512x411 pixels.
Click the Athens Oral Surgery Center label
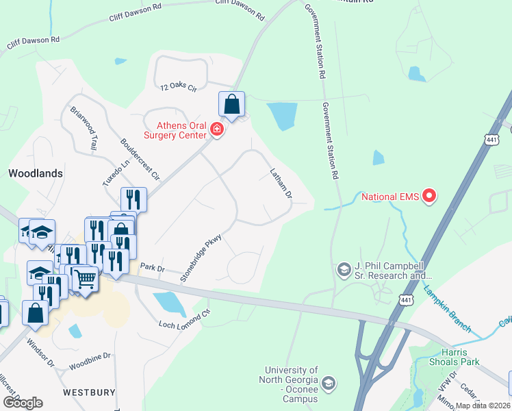click(181, 130)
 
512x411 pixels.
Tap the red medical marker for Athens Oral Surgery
click(217, 129)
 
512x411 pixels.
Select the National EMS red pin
click(429, 197)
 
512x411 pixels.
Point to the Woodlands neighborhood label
click(36, 173)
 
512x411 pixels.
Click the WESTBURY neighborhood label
click(88, 393)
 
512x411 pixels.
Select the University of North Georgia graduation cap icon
click(329, 382)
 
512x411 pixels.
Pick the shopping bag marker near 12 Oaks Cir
click(232, 105)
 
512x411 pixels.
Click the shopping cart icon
click(85, 279)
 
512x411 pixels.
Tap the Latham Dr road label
click(281, 184)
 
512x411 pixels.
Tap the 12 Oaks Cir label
click(179, 88)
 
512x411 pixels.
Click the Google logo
click(23, 402)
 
